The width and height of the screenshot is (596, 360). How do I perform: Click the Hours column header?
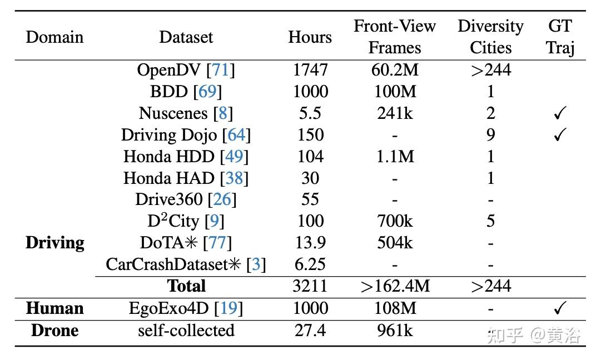310,37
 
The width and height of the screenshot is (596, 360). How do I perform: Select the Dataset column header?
186,37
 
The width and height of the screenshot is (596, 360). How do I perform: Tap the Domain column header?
54,37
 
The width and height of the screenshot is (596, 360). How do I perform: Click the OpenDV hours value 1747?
310,70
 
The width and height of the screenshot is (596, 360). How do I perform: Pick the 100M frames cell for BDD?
395,92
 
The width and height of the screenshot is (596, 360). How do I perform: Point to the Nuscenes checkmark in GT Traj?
560,114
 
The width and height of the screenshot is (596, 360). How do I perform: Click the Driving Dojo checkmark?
560,135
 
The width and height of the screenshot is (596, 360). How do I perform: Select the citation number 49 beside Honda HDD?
234,157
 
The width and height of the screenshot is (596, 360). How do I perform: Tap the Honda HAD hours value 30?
310,178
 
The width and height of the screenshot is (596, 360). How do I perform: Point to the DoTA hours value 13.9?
310,243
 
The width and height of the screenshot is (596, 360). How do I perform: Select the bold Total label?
186,286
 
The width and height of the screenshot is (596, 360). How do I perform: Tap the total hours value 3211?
310,286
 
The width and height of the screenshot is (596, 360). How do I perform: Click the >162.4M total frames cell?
395,286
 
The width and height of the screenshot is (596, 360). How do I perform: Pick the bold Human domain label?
54,308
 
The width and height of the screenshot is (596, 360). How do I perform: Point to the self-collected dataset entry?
186,331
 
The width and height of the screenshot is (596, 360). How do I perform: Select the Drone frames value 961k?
395,331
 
